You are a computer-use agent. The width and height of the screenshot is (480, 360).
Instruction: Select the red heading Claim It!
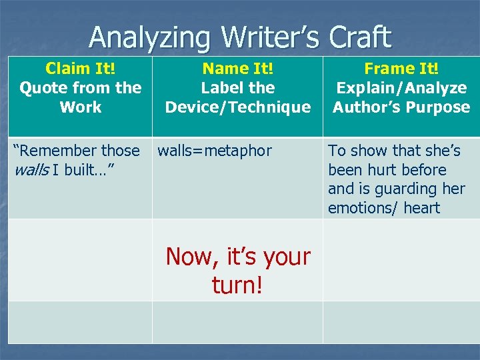tap(80, 68)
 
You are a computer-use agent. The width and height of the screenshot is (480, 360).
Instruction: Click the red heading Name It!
tap(237, 68)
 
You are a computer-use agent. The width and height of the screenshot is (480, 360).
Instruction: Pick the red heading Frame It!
tap(401, 68)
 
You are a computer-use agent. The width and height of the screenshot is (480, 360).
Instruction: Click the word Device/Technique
tap(237, 107)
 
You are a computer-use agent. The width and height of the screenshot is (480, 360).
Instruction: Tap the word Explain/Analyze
tap(401, 87)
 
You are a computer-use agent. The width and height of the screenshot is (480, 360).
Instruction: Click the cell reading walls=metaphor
tap(215, 151)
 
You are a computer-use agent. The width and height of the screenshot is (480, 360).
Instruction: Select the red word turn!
tap(237, 285)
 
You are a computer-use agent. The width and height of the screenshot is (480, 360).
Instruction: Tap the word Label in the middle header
tap(219, 87)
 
